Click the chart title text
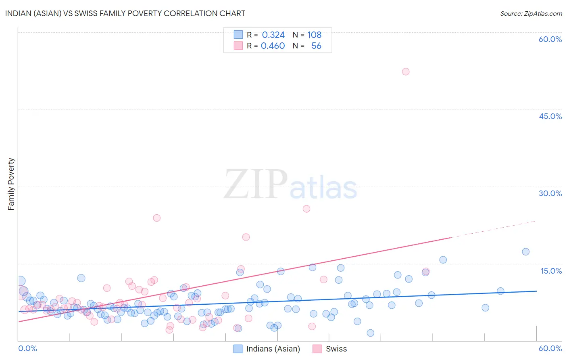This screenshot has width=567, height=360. (125, 13)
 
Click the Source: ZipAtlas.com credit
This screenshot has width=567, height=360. (531, 13)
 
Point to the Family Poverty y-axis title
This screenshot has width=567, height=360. (11, 184)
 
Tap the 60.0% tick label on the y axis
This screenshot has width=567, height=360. (550, 39)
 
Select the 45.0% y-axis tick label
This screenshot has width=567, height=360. (550, 116)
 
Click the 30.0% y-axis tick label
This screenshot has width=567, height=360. (550, 193)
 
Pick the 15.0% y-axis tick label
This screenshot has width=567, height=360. (551, 271)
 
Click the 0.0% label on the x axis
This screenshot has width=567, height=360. (28, 348)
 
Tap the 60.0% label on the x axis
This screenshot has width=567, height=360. (550, 348)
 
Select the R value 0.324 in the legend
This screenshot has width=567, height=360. (273, 35)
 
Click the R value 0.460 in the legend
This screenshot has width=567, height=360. (273, 46)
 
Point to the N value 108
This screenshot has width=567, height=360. (314, 35)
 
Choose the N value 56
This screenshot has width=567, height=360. (316, 46)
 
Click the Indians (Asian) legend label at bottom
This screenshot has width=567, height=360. (273, 349)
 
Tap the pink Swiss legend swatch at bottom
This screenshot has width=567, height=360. (317, 349)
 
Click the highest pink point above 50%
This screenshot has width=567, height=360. (406, 71)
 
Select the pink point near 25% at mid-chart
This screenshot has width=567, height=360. (306, 209)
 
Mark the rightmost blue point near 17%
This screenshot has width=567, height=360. (525, 252)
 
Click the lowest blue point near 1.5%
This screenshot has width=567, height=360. (370, 333)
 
